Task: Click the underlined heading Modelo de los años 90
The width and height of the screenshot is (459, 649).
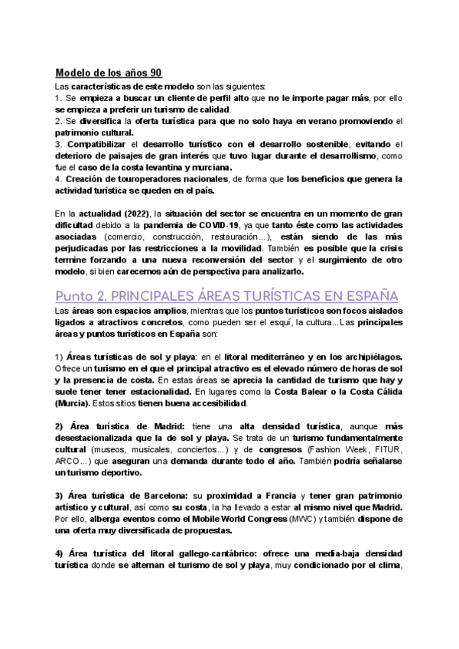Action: (108, 73)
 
